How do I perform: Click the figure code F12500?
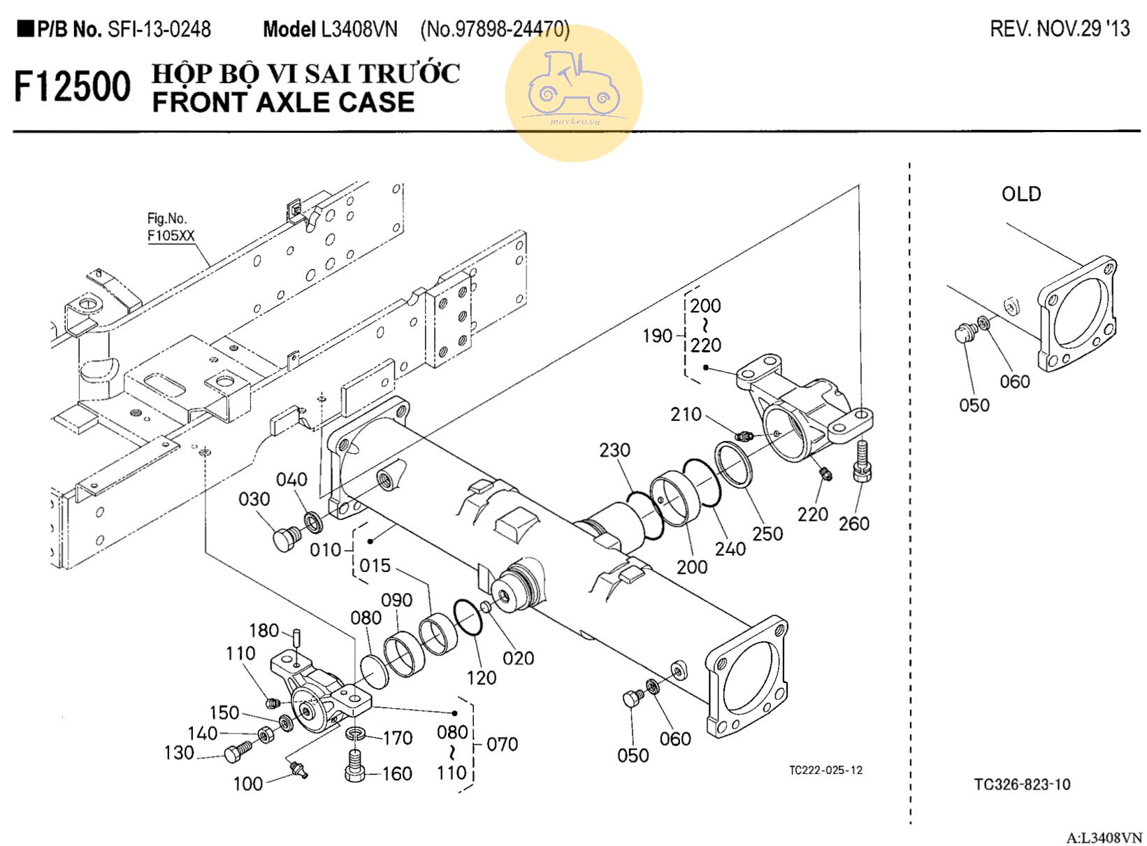[x=72, y=87]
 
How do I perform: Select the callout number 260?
[x=853, y=524]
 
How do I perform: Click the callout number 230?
[x=614, y=450]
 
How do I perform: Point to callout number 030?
[x=254, y=499]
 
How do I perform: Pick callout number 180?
[x=264, y=631]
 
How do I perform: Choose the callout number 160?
[x=396, y=774]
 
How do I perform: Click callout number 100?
[x=247, y=784]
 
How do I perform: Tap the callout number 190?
[x=657, y=336]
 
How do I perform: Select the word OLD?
[x=1020, y=194]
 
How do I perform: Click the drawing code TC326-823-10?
[x=1022, y=784]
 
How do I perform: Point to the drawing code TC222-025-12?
[x=825, y=770]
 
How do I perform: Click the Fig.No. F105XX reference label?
[x=170, y=227]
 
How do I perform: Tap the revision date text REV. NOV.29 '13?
[x=1060, y=29]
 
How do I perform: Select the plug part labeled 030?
[x=284, y=540]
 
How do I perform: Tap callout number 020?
[x=518, y=658]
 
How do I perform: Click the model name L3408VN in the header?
[x=359, y=29]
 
